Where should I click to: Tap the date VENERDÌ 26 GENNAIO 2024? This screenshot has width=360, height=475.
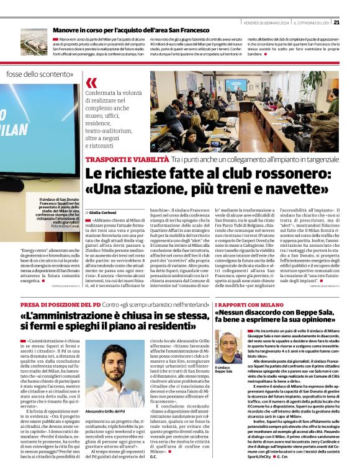(263, 22)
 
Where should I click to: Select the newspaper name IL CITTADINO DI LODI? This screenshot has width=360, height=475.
(309, 22)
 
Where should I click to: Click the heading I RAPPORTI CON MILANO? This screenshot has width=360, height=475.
(247, 306)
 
